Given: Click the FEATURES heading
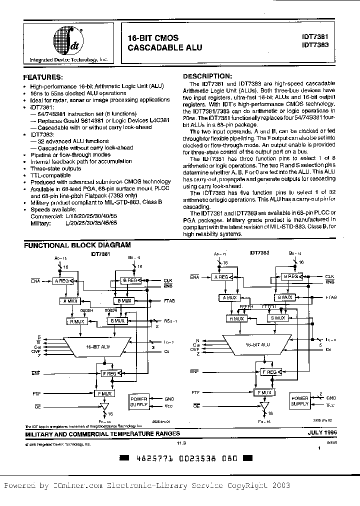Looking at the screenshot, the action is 43,77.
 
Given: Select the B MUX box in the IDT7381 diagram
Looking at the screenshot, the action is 122,301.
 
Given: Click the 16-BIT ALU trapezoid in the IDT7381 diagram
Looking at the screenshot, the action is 96,345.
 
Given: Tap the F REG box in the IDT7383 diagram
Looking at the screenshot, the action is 269,372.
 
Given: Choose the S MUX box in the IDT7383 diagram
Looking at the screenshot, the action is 278,318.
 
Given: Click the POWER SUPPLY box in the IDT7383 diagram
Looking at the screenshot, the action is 300,401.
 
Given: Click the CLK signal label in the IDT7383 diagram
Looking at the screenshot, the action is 329,276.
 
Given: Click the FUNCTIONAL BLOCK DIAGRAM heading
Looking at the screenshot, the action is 77,245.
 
